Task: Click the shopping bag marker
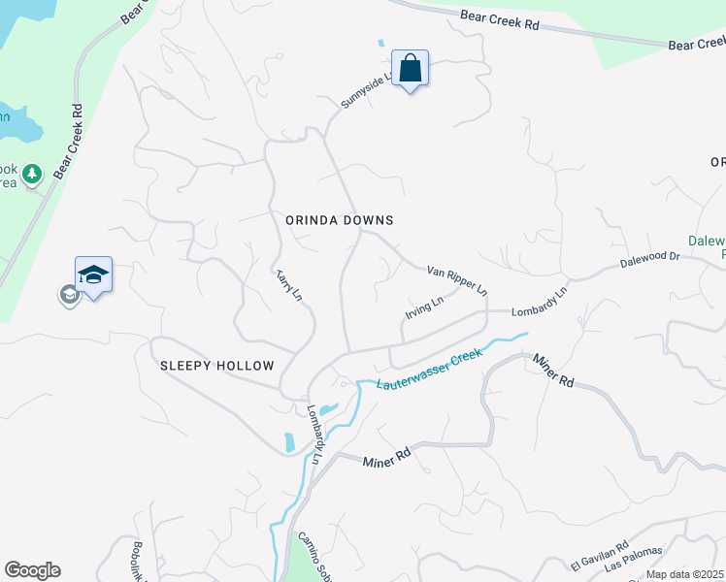(x=411, y=69)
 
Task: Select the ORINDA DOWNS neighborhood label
(x=340, y=220)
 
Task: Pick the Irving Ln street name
(x=424, y=309)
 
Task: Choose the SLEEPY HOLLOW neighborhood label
(x=217, y=366)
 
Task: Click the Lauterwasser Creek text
(x=429, y=371)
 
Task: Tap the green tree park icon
(x=33, y=174)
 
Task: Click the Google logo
(x=32, y=570)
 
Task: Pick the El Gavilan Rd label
(x=600, y=557)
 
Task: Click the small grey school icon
(x=69, y=295)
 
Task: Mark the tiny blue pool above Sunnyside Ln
(x=380, y=44)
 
